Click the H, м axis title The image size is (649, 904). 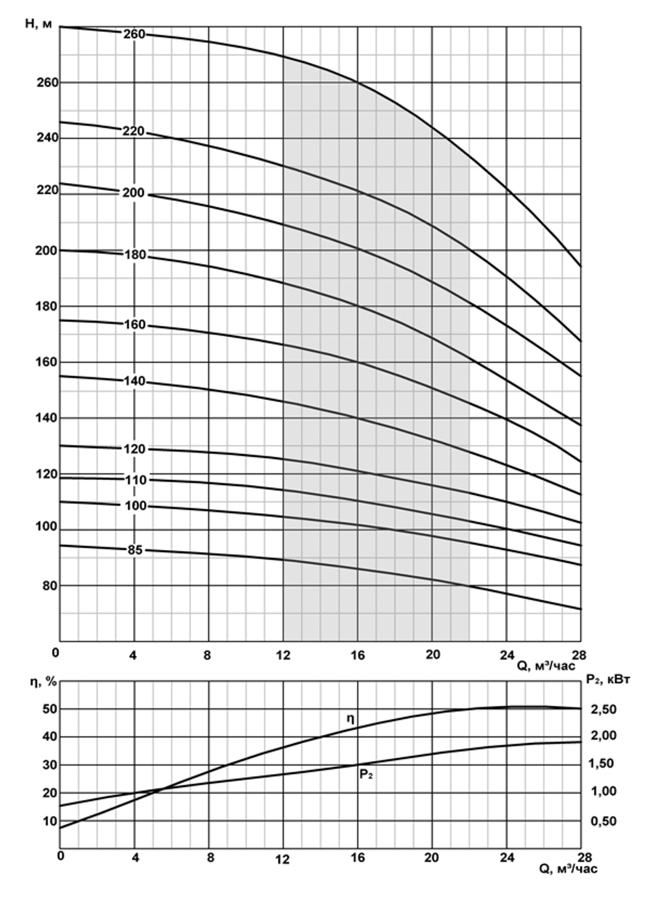39,25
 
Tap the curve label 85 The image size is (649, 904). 134,550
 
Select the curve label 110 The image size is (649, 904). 136,481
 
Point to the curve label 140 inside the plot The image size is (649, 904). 134,381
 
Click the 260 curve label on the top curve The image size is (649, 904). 134,34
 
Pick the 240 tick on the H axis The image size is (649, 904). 46,138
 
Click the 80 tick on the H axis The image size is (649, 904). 49,585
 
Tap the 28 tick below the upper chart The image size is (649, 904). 579,654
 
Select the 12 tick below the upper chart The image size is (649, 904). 283,655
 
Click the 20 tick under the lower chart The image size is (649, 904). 432,857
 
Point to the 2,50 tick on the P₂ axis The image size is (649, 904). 604,709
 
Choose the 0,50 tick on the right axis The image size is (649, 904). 604,822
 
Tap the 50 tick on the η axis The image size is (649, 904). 50,709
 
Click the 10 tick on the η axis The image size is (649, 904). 50,821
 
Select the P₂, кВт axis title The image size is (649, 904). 607,679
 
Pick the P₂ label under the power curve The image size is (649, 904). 366,774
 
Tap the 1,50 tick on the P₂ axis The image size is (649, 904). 604,764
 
